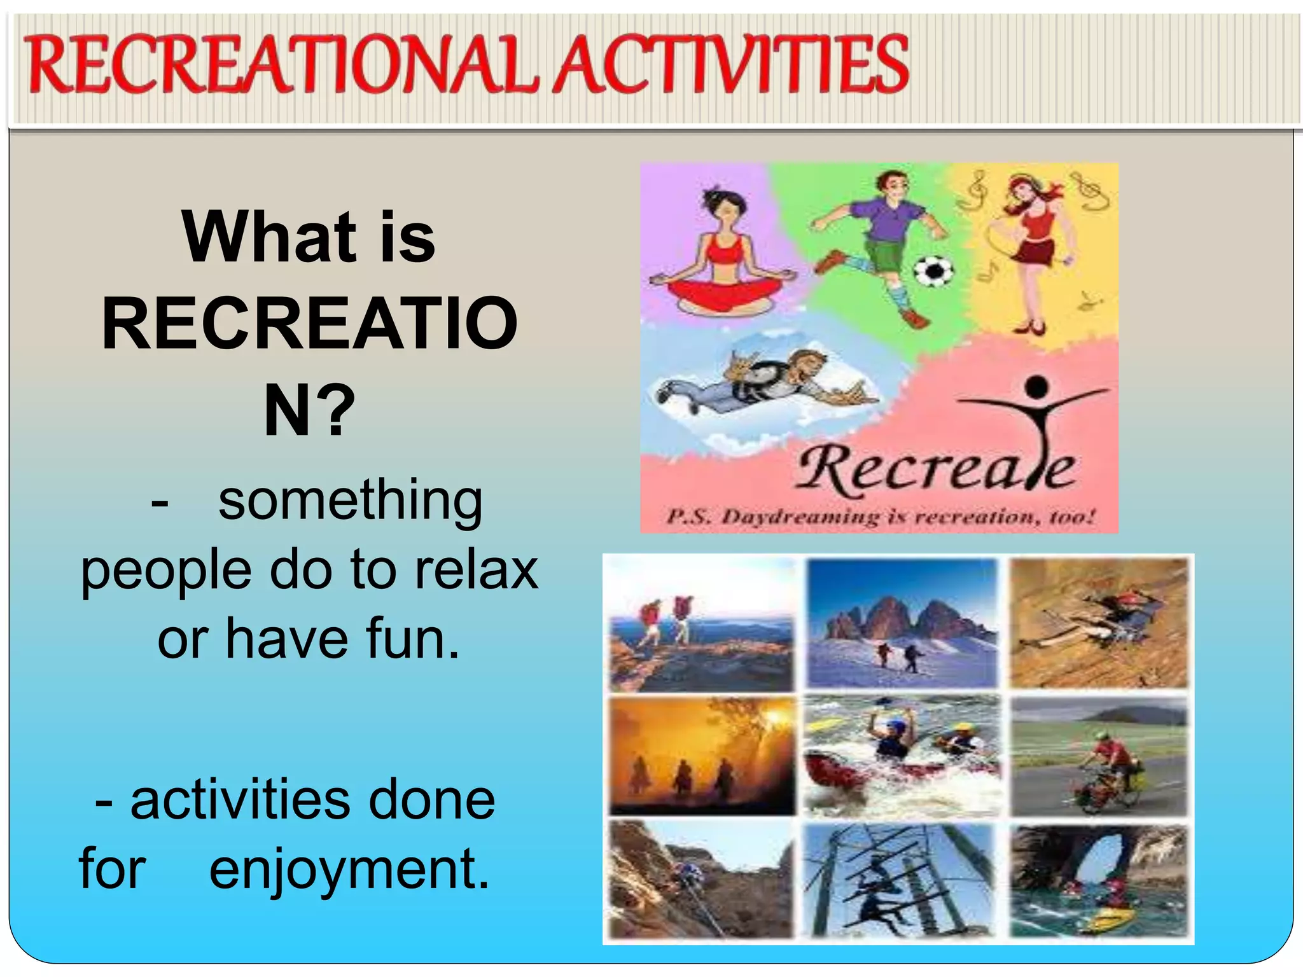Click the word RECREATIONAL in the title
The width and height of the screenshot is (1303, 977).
(x=280, y=65)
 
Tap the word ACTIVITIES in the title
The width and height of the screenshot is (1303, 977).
(x=732, y=65)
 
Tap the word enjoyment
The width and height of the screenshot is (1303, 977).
(x=349, y=870)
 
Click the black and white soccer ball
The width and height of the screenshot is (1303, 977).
(x=933, y=272)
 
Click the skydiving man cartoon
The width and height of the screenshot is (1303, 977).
(x=763, y=382)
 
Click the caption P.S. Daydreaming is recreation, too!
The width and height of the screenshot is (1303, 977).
(x=881, y=516)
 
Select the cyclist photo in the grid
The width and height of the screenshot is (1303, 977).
(x=1099, y=757)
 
